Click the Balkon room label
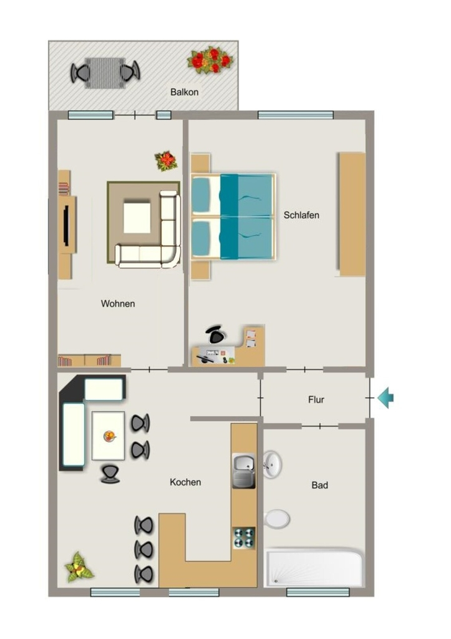point(184,92)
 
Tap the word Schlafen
point(301,215)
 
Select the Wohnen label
point(118,304)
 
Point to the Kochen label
point(185,482)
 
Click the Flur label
point(316,399)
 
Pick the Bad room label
point(320,485)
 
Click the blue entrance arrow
point(386,398)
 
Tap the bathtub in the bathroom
point(314,568)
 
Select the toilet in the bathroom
point(276,519)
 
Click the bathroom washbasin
point(272,464)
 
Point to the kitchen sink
point(244,471)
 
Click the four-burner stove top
point(244,537)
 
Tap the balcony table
point(105,72)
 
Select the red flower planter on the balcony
point(210,60)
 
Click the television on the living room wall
point(66,224)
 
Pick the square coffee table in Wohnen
point(137,218)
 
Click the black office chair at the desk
point(215,334)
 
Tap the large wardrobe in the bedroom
point(352,215)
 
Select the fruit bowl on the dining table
point(109,436)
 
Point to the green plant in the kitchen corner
point(79,567)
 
